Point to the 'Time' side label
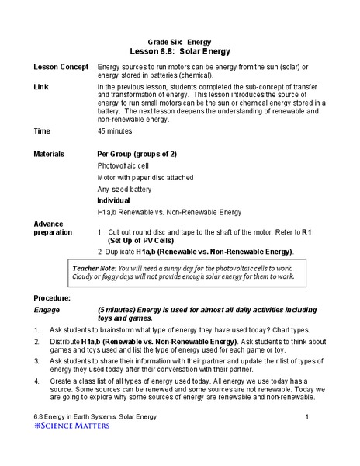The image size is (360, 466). [x=42, y=131]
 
